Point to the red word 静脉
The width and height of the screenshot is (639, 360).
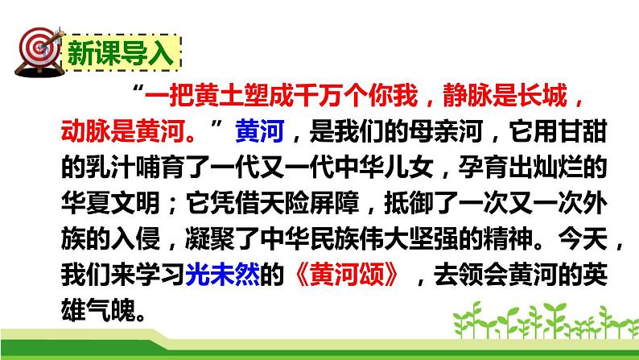point(444,97)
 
